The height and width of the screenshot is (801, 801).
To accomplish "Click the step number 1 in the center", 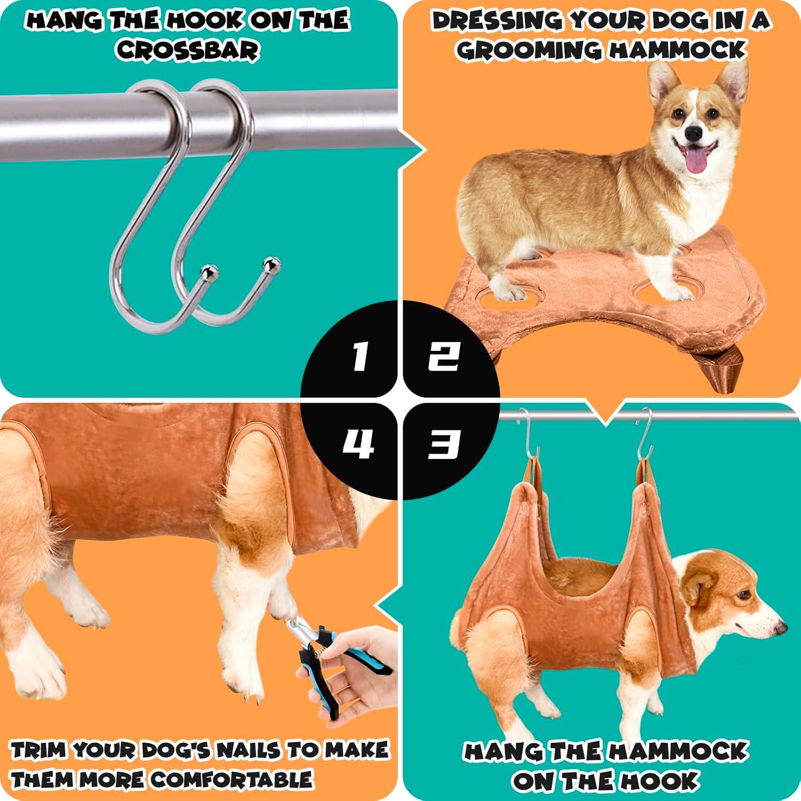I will tap(359, 356).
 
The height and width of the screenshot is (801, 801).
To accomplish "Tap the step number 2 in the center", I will tap(443, 356).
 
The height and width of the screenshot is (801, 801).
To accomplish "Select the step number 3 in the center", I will tap(443, 444).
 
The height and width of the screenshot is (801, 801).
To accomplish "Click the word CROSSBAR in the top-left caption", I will tap(188, 51).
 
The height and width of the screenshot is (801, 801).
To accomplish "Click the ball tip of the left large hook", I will tap(206, 272).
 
